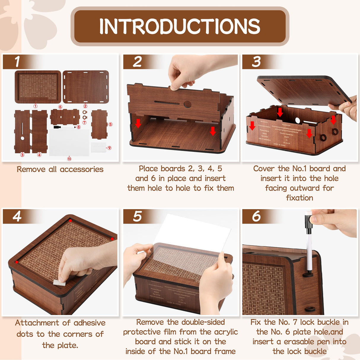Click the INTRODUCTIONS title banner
click(180, 26)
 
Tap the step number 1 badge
click(17, 62)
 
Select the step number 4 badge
click(17, 216)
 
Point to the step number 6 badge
click(256, 216)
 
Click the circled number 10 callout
click(69, 159)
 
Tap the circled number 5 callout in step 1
click(110, 124)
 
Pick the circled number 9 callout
click(109, 148)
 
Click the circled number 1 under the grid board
click(35, 106)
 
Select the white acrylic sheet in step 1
click(69, 142)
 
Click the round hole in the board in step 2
click(187, 104)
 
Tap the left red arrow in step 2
click(138, 123)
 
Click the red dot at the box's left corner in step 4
click(17, 262)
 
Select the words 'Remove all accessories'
click(60, 169)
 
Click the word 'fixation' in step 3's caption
click(300, 198)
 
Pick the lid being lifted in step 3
click(302, 89)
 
